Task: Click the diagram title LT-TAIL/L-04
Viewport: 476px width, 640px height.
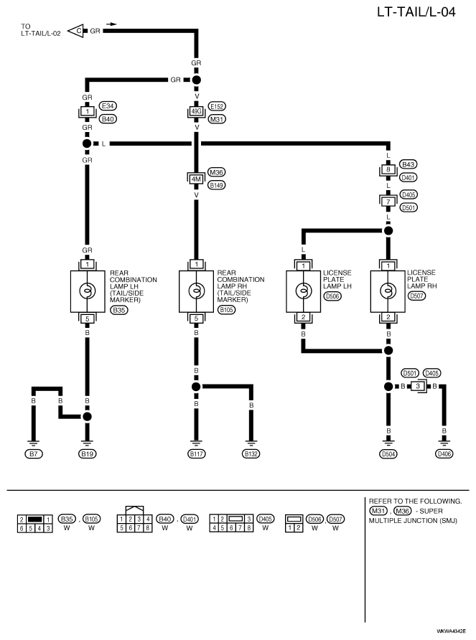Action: pos(416,11)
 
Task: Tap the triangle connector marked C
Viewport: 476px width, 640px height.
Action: pos(75,31)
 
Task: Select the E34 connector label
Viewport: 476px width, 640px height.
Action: pos(108,106)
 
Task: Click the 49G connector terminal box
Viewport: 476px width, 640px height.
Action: pos(196,111)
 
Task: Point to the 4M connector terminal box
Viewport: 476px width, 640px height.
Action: pos(196,179)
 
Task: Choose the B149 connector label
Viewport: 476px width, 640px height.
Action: pos(217,185)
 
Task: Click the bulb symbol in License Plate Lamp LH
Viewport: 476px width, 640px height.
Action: pos(303,291)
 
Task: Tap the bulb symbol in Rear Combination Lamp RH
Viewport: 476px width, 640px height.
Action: pos(196,291)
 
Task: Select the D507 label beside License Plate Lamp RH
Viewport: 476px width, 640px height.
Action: pos(416,296)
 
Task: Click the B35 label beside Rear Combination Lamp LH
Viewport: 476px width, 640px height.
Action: pos(119,310)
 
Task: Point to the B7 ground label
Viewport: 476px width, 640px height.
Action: pos(33,454)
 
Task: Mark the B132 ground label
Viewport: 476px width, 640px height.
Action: pos(251,454)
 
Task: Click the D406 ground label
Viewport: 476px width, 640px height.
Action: pos(444,454)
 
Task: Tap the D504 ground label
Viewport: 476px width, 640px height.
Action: pos(388,454)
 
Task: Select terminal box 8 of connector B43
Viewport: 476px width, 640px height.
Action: pos(388,169)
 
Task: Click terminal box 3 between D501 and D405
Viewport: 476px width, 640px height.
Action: pos(418,386)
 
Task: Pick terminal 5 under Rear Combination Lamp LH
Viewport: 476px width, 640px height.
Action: pos(87,319)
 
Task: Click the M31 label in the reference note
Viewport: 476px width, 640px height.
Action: pos(378,511)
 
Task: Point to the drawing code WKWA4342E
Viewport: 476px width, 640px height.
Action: pos(451,631)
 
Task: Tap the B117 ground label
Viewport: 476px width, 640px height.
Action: pos(196,454)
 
